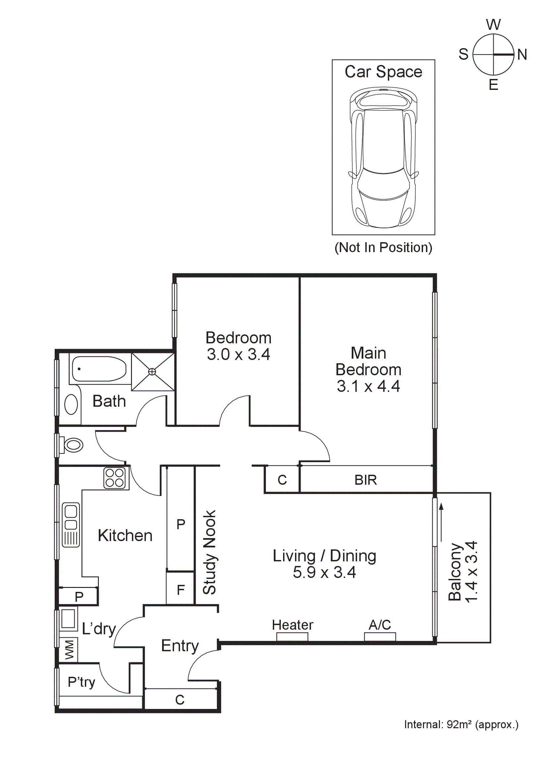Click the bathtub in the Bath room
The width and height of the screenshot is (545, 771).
coord(99,369)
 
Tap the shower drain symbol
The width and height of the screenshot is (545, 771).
coord(152,371)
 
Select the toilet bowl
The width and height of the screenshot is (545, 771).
coord(74,445)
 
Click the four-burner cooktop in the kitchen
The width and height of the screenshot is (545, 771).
coord(114,478)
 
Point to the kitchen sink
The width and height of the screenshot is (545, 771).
coord(71,525)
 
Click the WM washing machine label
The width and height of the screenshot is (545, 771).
coord(69,650)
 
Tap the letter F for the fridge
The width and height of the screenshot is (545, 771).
coord(181,590)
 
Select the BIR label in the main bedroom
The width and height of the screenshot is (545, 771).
coord(365,480)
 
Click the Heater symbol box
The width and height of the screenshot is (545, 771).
coord(292,636)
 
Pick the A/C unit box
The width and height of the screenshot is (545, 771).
coord(380,636)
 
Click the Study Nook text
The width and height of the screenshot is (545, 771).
coord(210,552)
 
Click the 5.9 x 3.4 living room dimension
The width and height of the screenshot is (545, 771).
coord(324,573)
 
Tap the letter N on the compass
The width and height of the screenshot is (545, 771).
coord(522,54)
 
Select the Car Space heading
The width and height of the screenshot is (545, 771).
coord(383,72)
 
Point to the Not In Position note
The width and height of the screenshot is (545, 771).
coord(383,247)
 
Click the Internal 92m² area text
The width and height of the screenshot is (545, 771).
coord(461,724)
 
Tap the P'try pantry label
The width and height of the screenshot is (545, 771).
coord(82,682)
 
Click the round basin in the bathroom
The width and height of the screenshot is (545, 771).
coord(71,404)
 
